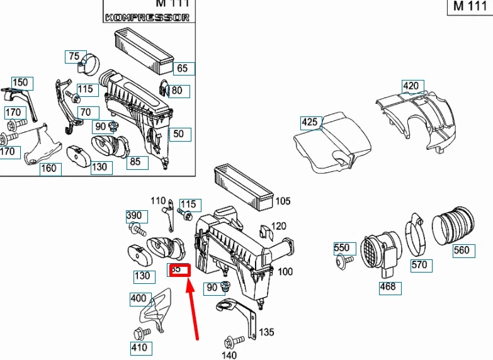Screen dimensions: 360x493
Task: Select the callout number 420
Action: pos(410,86)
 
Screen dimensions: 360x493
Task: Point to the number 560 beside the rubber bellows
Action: pos(461,250)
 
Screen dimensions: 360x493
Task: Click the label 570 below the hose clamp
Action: pos(419,265)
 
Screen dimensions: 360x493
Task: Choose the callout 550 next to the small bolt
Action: pos(341,249)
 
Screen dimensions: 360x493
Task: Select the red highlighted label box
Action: pos(178,269)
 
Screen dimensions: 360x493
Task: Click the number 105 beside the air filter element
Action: pos(283,201)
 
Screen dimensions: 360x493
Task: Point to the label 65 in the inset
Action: pos(182,69)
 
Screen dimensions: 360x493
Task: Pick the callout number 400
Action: pos(139,298)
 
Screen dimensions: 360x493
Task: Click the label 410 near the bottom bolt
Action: pos(139,347)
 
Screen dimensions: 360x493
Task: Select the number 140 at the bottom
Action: pos(230,355)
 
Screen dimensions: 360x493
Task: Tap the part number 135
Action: pos(266,332)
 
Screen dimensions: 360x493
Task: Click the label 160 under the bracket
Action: pos(48,168)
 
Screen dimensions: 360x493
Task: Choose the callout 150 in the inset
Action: pos(21,82)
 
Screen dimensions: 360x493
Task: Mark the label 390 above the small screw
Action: pos(134,216)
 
